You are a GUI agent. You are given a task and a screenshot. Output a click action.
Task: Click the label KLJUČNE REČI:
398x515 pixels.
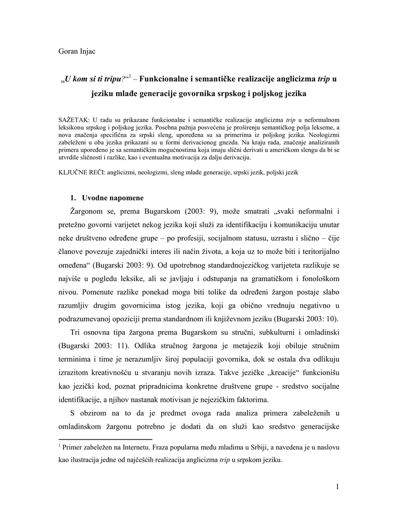[x=83, y=171]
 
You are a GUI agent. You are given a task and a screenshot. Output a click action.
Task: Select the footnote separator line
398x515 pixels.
[x=102, y=439]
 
